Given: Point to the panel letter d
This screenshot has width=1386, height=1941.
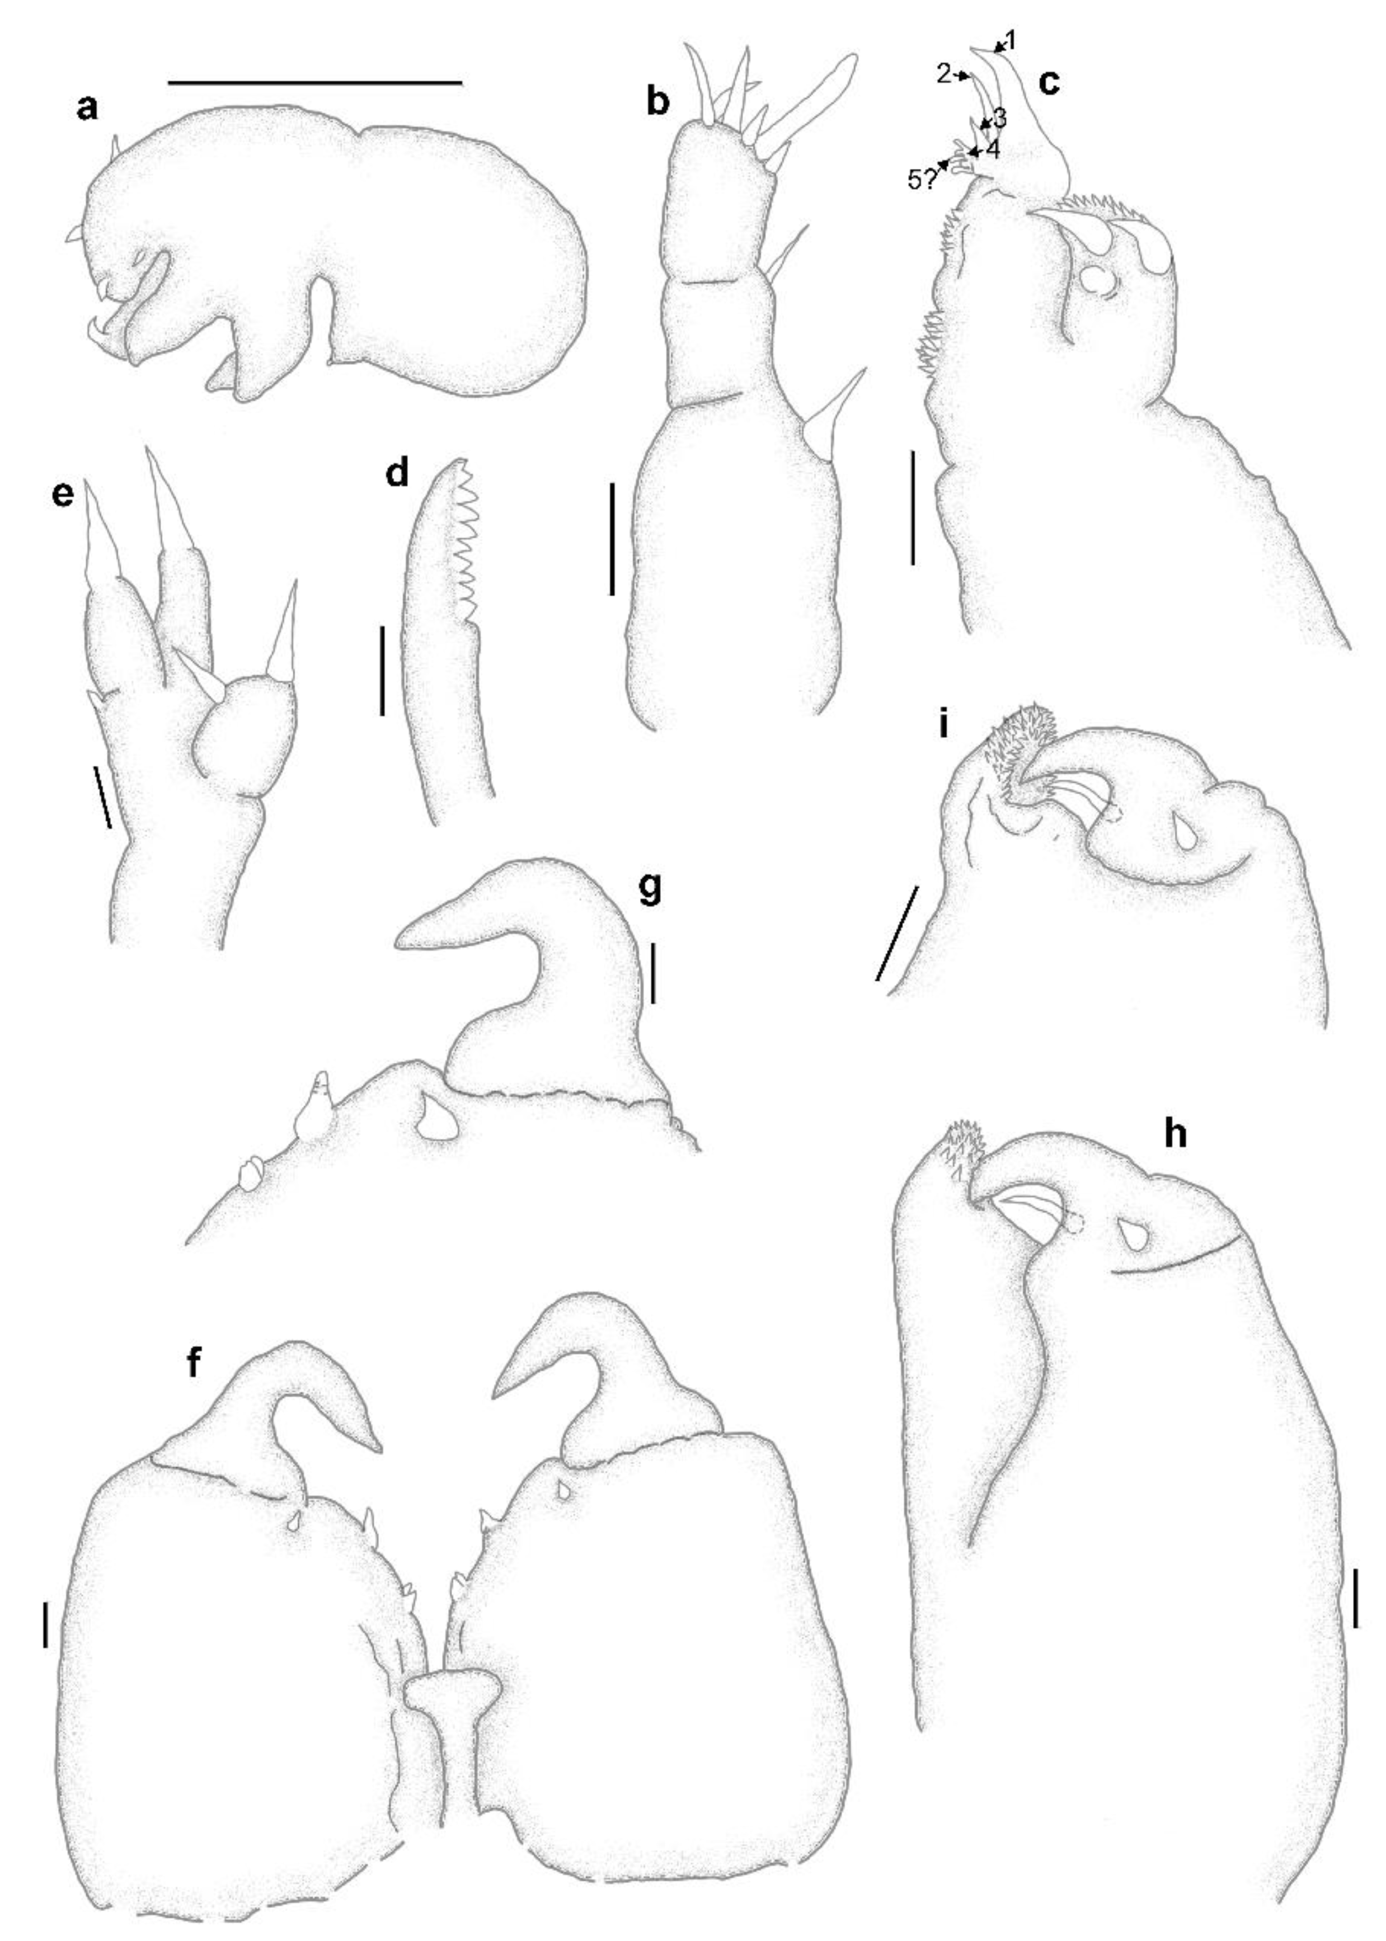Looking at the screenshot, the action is coord(397,474).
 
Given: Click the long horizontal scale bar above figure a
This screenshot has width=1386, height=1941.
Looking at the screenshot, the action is coord(315,83).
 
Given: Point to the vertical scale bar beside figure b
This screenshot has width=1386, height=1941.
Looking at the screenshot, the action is coord(612,538).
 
